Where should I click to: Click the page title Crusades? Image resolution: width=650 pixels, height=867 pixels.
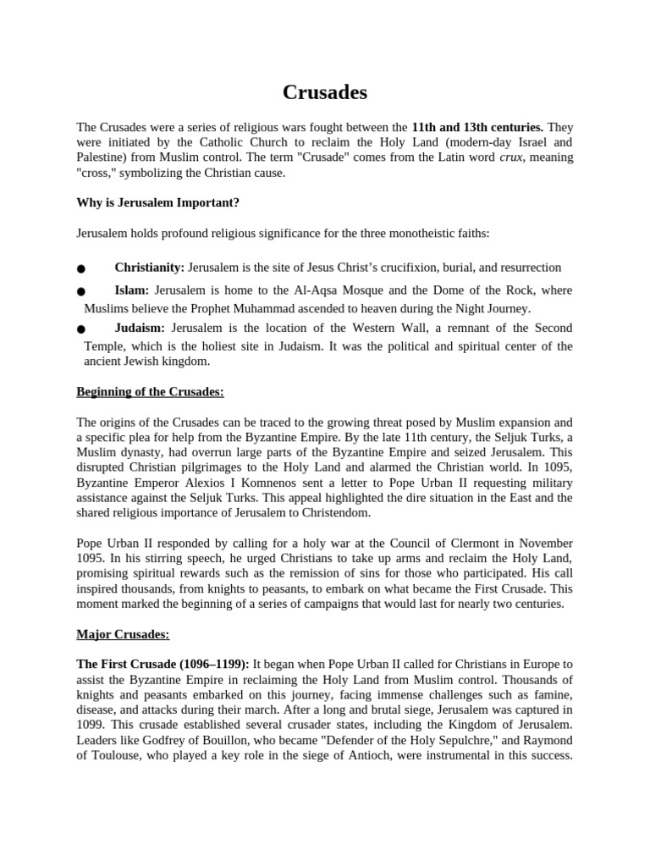(x=325, y=91)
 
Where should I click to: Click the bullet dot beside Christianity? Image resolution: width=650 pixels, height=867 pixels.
(x=81, y=269)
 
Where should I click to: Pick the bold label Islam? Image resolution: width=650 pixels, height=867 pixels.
(x=132, y=290)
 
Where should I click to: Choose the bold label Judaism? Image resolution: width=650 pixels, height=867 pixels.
(x=140, y=328)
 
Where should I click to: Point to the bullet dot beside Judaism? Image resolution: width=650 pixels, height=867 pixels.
(x=81, y=329)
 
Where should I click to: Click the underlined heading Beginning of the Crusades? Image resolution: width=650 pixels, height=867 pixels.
(x=150, y=392)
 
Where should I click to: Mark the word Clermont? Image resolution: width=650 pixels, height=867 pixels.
(x=455, y=543)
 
